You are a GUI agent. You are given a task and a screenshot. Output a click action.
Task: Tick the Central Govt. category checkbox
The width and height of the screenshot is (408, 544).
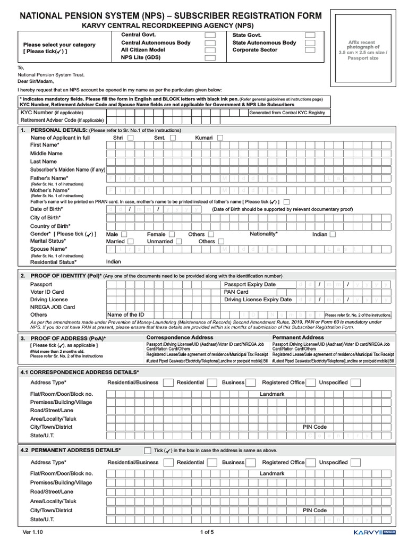[x=210, y=35]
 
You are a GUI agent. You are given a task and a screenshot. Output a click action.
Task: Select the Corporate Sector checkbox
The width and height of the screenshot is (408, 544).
[x=310, y=50]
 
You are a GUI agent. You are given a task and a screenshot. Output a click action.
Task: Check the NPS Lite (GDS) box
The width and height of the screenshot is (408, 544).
[x=210, y=58]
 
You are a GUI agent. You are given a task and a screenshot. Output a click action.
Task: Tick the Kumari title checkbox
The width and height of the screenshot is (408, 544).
[x=220, y=138]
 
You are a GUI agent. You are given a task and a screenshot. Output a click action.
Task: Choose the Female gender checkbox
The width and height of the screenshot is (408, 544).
[x=172, y=234]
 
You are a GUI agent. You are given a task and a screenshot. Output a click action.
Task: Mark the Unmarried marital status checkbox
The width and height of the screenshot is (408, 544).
[x=179, y=241]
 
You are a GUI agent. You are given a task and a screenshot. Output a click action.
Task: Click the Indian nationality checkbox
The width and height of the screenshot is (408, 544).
[x=333, y=234]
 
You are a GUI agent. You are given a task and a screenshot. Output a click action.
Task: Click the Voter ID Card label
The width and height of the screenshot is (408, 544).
[x=47, y=292]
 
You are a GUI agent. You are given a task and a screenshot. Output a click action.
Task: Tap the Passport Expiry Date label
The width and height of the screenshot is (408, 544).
[x=250, y=284]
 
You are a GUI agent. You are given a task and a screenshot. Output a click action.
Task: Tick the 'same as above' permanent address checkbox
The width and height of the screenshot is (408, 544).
[x=148, y=450]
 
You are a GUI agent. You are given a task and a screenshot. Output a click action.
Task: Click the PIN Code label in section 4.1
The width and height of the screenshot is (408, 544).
[x=314, y=427]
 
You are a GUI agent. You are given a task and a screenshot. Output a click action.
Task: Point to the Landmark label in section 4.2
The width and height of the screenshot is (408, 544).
[x=272, y=473]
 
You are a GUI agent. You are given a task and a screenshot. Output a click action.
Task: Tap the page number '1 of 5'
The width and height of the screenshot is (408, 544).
[x=207, y=532]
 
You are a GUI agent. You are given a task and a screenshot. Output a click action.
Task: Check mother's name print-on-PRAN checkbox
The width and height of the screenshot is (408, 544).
[x=287, y=202]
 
